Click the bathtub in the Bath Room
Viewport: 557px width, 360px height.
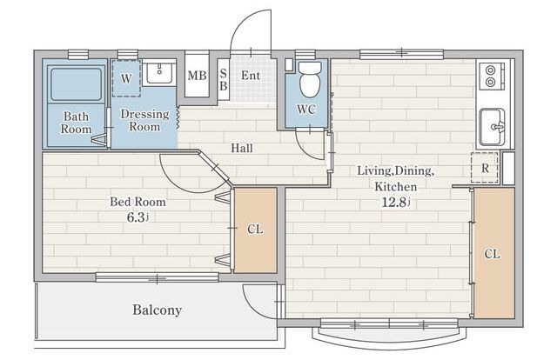[x=76, y=84]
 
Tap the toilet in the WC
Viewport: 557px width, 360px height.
[x=310, y=80]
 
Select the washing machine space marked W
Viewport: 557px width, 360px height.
[x=126, y=78]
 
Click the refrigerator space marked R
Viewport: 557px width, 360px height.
[x=485, y=168]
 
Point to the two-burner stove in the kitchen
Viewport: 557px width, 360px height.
[x=491, y=76]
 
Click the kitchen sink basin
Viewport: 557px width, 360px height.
[x=492, y=127]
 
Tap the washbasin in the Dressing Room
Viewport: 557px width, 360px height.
[x=159, y=74]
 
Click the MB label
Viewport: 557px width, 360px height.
[x=198, y=76]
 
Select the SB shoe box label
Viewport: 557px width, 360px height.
[x=224, y=79]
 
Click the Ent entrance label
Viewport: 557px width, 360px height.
[x=251, y=76]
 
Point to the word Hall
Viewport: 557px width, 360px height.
[x=242, y=148]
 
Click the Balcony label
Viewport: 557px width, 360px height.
[x=157, y=310]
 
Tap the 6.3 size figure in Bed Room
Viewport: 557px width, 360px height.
[x=137, y=217]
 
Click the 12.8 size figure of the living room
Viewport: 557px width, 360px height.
[x=394, y=202]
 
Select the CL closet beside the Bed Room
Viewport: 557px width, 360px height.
[x=255, y=230]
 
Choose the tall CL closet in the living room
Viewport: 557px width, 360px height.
[x=494, y=253]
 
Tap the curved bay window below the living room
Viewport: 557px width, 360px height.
[x=389, y=340]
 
